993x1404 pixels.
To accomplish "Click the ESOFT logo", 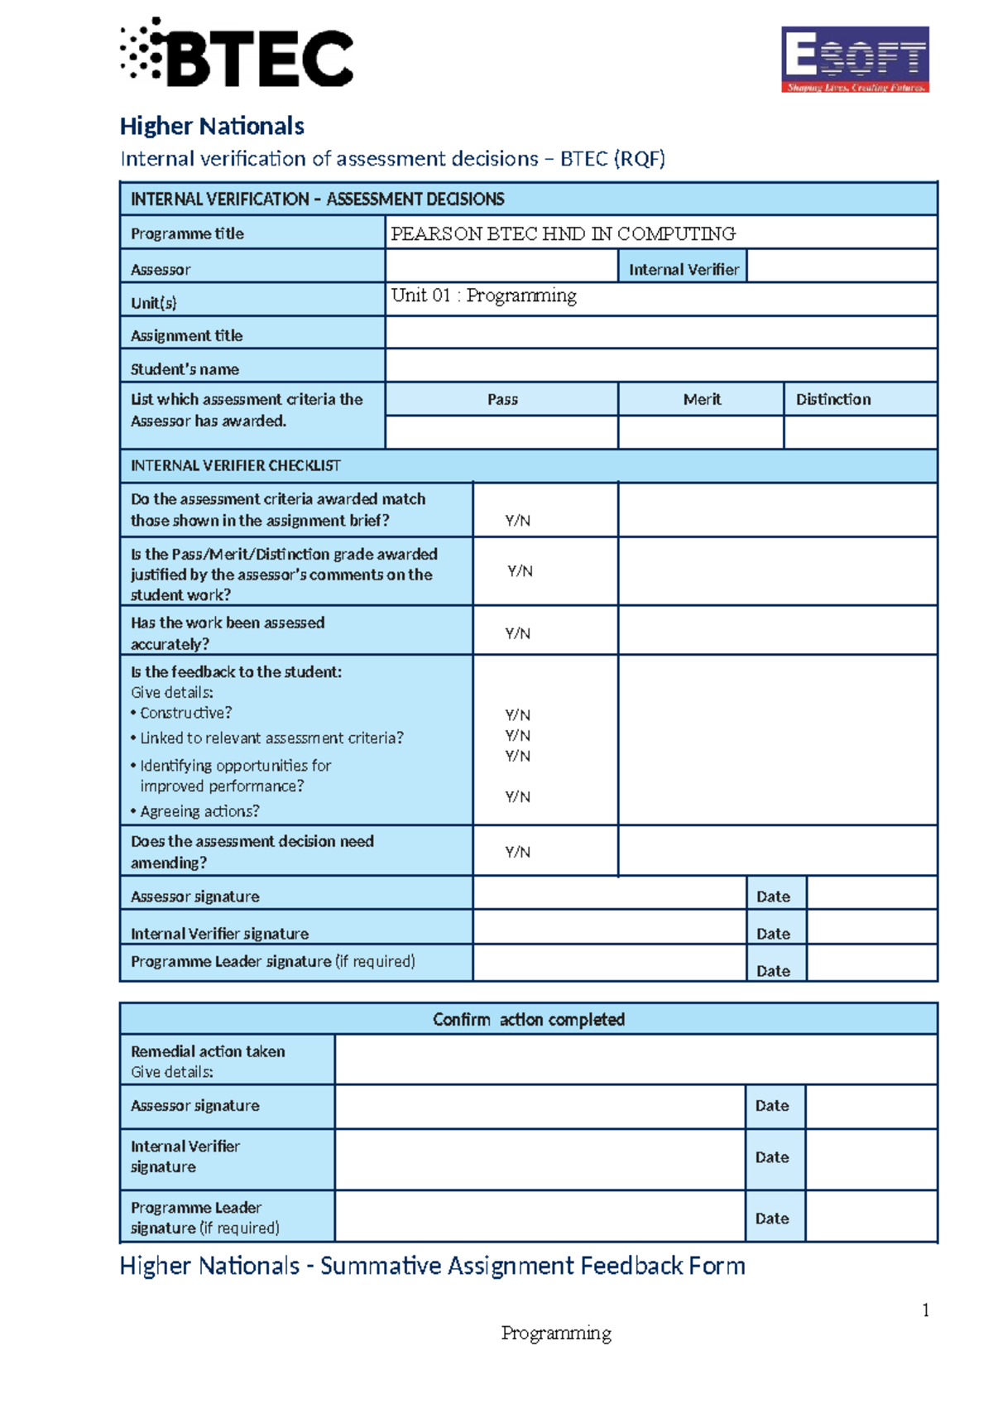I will pyautogui.click(x=855, y=59).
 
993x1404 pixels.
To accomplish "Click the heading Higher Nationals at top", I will pyautogui.click(x=212, y=126).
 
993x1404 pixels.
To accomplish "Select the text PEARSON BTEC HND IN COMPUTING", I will pyautogui.click(x=563, y=233).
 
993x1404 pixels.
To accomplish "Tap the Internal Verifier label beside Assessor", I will pyautogui.click(x=684, y=269).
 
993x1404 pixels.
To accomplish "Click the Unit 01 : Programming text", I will pyautogui.click(x=483, y=296).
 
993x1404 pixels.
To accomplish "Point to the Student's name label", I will pyautogui.click(x=185, y=369).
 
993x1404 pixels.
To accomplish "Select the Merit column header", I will pyautogui.click(x=702, y=399).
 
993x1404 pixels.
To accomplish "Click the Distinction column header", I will pyautogui.click(x=833, y=399).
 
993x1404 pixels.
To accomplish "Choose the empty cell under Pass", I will pyautogui.click(x=501, y=432).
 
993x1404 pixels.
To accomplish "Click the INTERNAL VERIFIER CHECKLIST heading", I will pyautogui.click(x=235, y=465).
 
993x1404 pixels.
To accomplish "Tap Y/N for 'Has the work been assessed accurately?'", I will pyautogui.click(x=518, y=633).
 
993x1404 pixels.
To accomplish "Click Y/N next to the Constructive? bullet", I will pyautogui.click(x=518, y=714).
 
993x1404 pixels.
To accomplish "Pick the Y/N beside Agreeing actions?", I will pyautogui.click(x=518, y=796).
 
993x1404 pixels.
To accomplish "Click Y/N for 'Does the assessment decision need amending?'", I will pyautogui.click(x=518, y=852).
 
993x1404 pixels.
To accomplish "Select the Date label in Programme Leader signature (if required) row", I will pyautogui.click(x=773, y=970).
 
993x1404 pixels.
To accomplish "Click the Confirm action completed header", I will pyautogui.click(x=528, y=1019).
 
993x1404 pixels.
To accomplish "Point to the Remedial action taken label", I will pyautogui.click(x=208, y=1051).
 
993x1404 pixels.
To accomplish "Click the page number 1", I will pyautogui.click(x=925, y=1310).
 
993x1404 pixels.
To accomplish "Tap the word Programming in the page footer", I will pyautogui.click(x=556, y=1333).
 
